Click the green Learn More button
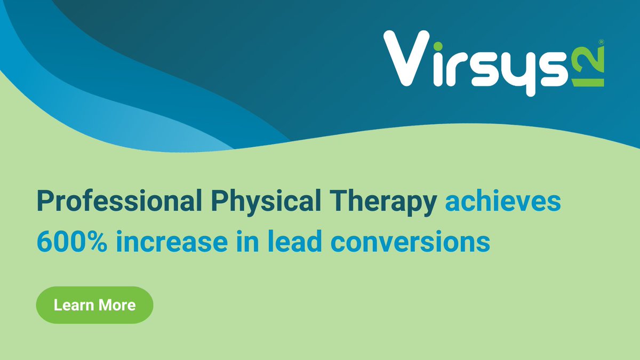[94, 305]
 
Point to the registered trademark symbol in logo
[601, 41]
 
